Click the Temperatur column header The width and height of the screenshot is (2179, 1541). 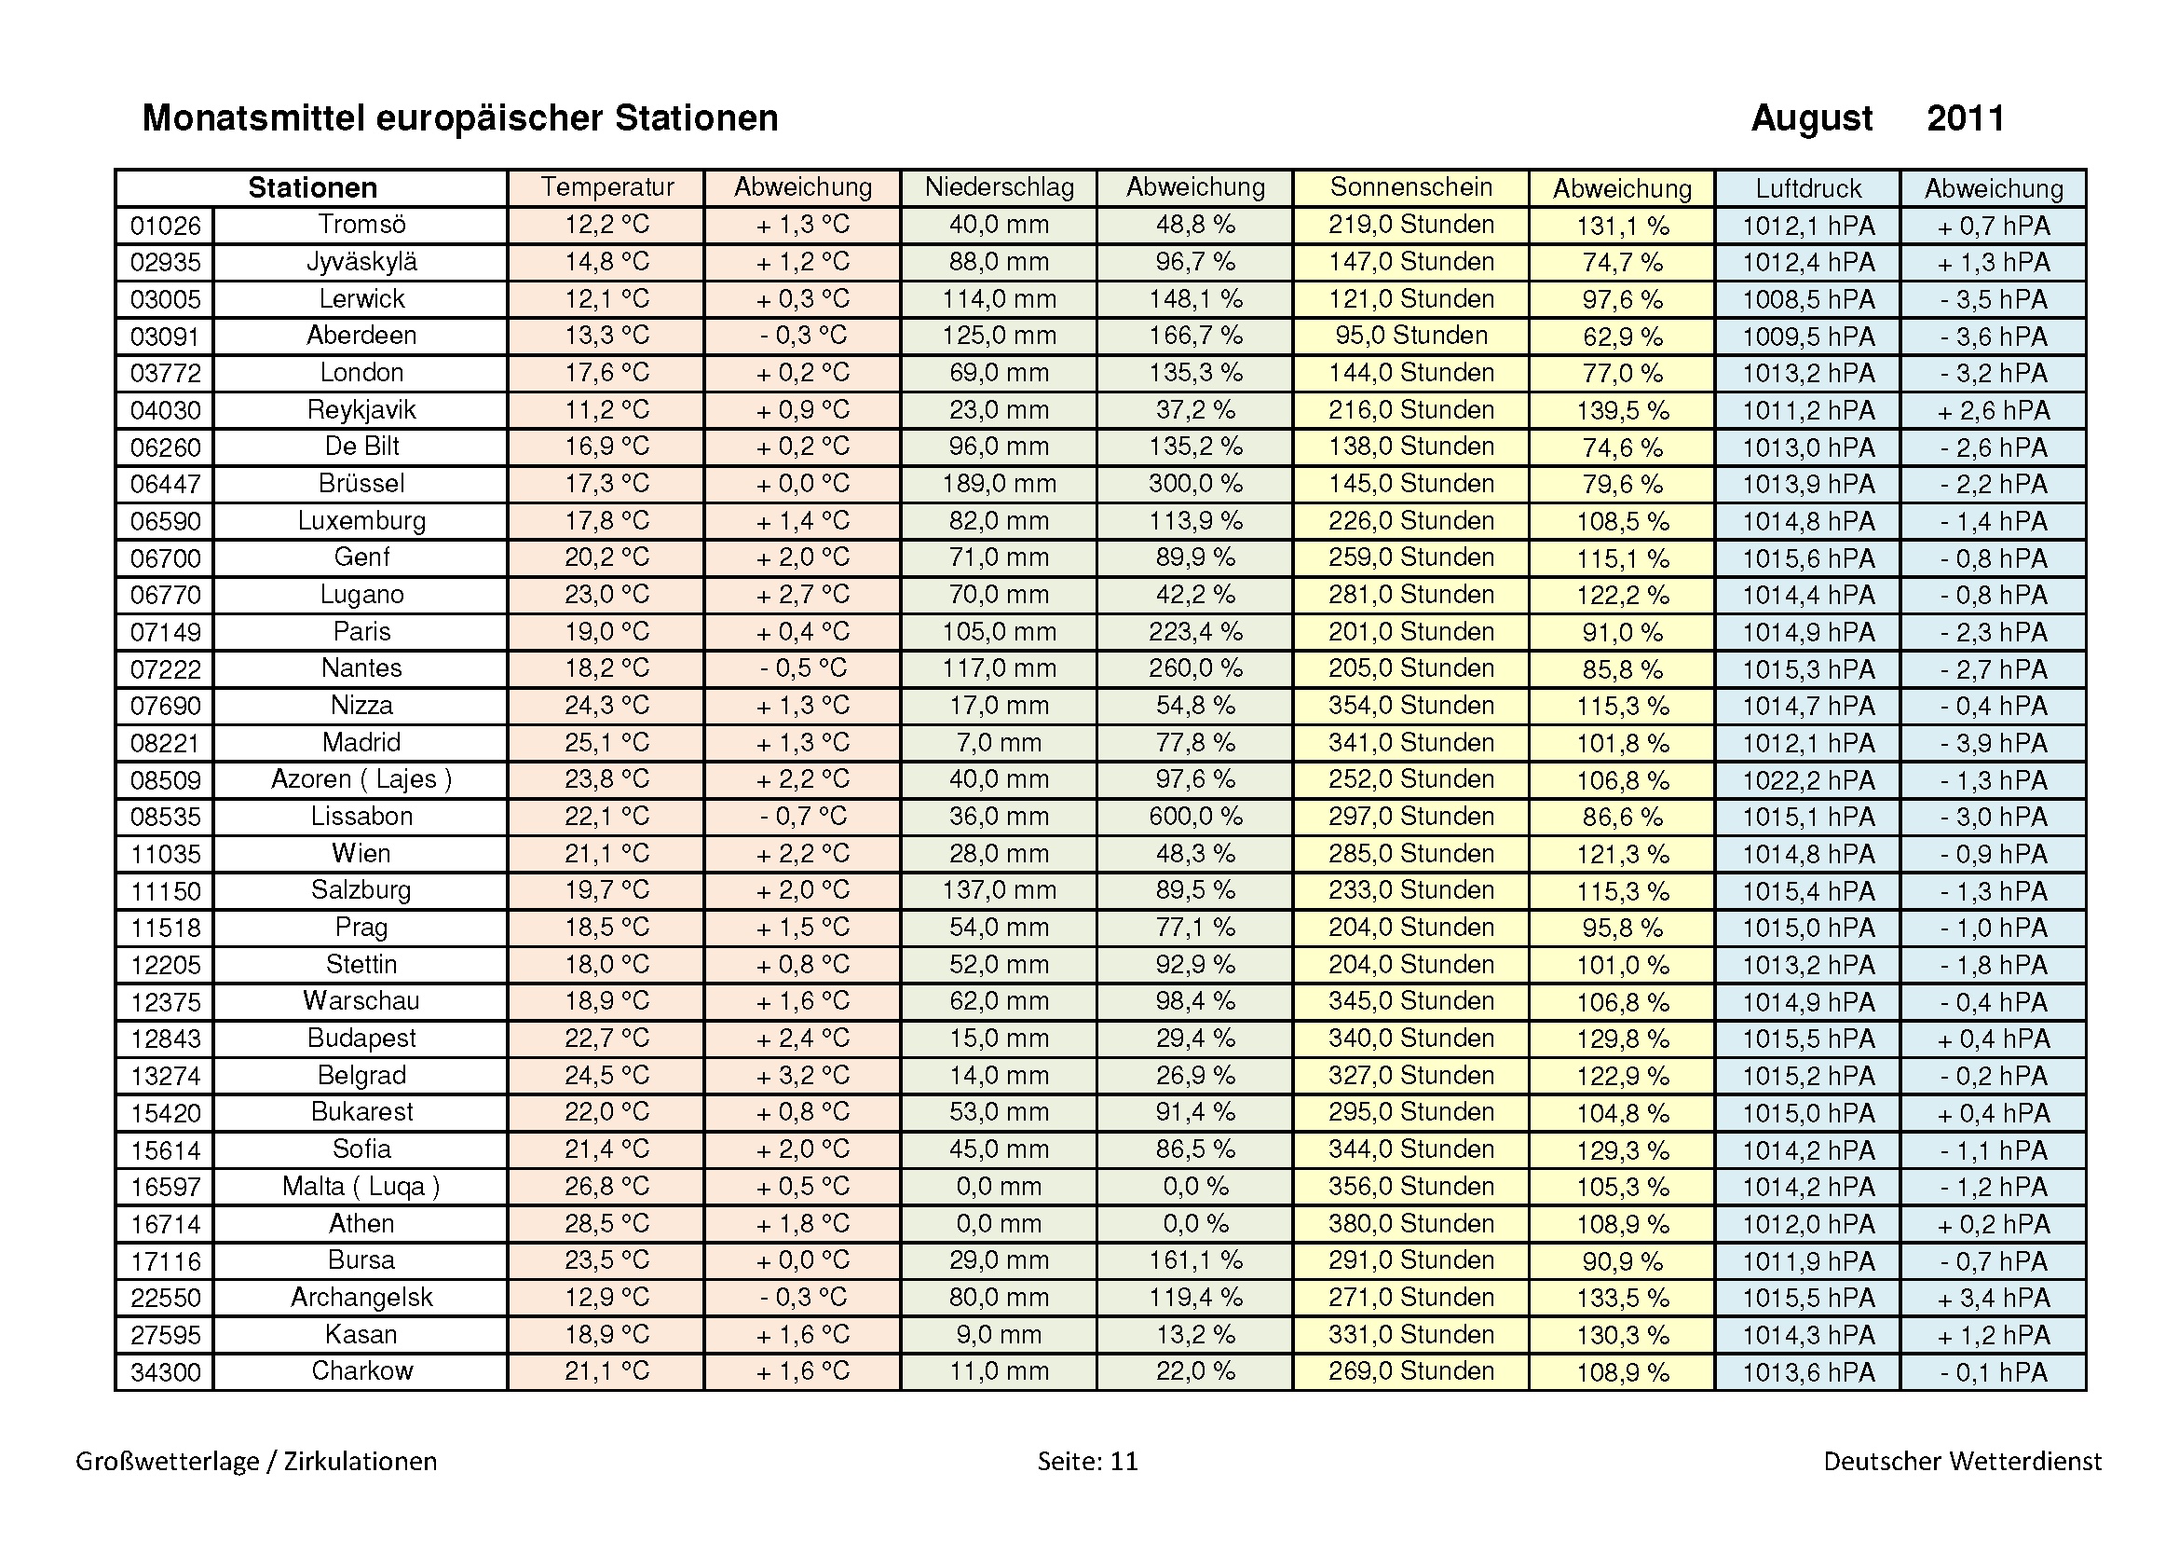click(x=606, y=187)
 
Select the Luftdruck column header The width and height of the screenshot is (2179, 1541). click(x=1807, y=188)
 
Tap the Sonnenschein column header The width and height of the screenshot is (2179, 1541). click(x=1410, y=187)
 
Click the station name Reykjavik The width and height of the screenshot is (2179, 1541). click(x=361, y=410)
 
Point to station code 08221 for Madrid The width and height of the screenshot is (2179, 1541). click(x=165, y=743)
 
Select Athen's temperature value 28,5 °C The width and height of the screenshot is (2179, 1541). click(x=606, y=1224)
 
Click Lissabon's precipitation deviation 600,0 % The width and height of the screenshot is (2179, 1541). click(x=1195, y=817)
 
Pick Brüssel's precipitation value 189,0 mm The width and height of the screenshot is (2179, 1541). click(x=999, y=484)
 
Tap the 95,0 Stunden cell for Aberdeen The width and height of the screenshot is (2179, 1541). click(x=1410, y=337)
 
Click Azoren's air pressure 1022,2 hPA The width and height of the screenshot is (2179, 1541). click(x=1807, y=780)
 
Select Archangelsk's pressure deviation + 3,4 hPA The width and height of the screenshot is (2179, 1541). click(x=1993, y=1298)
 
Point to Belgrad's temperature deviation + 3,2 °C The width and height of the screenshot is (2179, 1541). click(x=802, y=1076)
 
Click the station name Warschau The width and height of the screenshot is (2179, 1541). click(x=361, y=1002)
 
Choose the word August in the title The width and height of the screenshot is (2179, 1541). click(x=1811, y=118)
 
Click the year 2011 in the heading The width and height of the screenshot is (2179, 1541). click(x=1965, y=118)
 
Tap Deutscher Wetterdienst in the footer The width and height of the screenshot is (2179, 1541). click(x=1962, y=1461)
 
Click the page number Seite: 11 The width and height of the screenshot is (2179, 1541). click(x=1086, y=1461)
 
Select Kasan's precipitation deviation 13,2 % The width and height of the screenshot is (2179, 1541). click(x=1195, y=1335)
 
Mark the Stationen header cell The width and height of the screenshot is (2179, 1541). click(x=312, y=188)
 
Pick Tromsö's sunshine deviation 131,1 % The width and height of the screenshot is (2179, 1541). click(x=1622, y=226)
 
